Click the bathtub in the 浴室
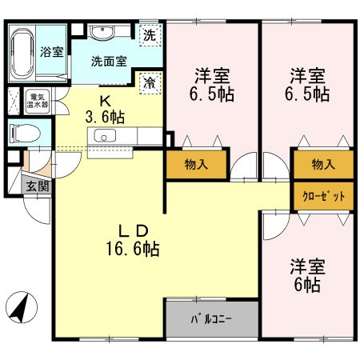coord(22,54)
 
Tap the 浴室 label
coord(52,52)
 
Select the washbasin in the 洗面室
coord(102,33)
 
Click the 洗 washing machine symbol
coord(150,35)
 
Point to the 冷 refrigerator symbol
coord(150,83)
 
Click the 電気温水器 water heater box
coord(38,101)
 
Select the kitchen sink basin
coord(104,135)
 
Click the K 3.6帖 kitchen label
coord(105,110)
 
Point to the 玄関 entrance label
coord(38,186)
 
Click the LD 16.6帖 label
coord(133,240)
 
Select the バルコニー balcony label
coord(211,319)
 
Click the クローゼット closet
coord(323,196)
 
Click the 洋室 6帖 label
coord(307,275)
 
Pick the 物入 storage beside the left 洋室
coord(196,165)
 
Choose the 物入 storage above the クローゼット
coord(323,165)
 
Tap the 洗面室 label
coord(109,62)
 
